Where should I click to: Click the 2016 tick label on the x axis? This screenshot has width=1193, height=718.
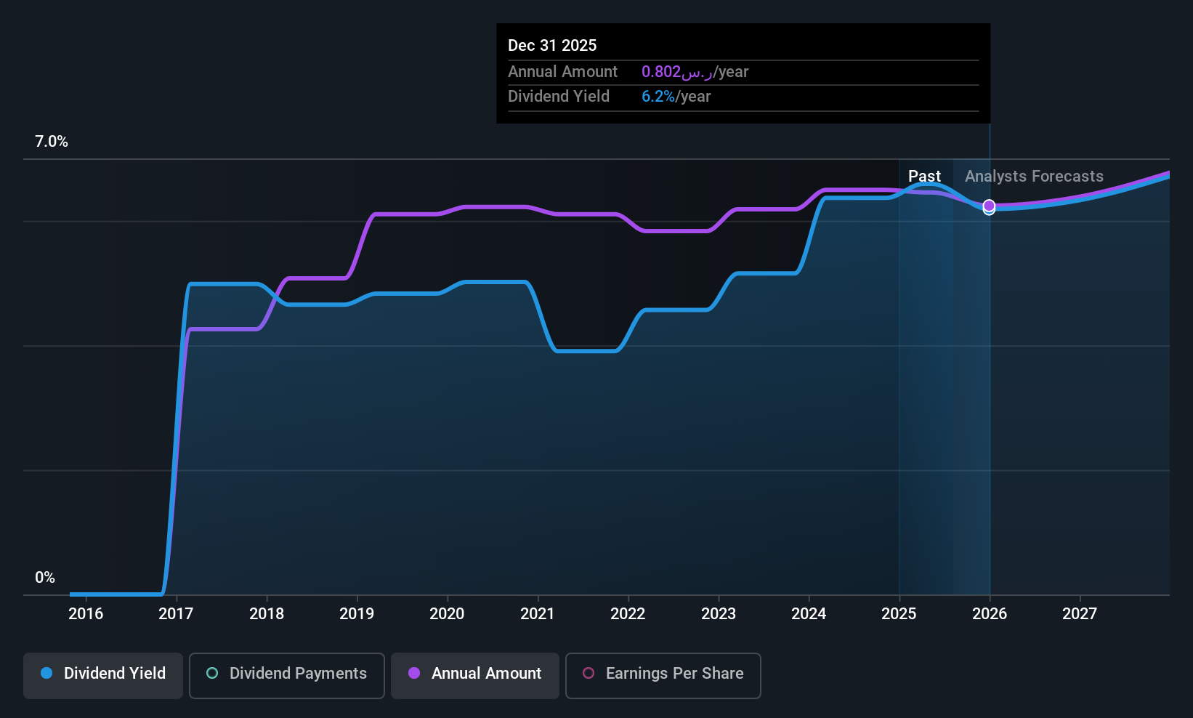[x=86, y=613]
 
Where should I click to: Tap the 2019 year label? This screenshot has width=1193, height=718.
[x=357, y=613]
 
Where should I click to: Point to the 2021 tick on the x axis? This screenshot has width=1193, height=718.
[x=538, y=613]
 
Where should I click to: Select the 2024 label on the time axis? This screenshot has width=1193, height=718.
[x=809, y=613]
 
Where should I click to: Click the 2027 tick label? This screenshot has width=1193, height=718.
[x=1080, y=613]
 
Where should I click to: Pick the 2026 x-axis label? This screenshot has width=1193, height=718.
[x=990, y=613]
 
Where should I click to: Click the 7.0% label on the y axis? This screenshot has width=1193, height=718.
[x=52, y=142]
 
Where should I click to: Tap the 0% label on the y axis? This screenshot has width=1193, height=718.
[x=45, y=578]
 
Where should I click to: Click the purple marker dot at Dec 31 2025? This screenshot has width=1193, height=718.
[x=989, y=206]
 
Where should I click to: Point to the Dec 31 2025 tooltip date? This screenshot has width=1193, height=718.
[x=552, y=46]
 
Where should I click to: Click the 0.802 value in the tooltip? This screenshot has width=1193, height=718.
[x=661, y=72]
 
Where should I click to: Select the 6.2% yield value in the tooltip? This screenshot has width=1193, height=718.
[x=658, y=97]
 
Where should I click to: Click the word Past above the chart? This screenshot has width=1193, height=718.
[x=924, y=177]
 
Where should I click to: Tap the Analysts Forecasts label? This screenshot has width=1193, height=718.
[x=1034, y=177]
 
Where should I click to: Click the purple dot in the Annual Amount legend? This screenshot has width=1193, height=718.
[x=414, y=673]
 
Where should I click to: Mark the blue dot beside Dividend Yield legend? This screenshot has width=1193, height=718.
[x=46, y=673]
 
